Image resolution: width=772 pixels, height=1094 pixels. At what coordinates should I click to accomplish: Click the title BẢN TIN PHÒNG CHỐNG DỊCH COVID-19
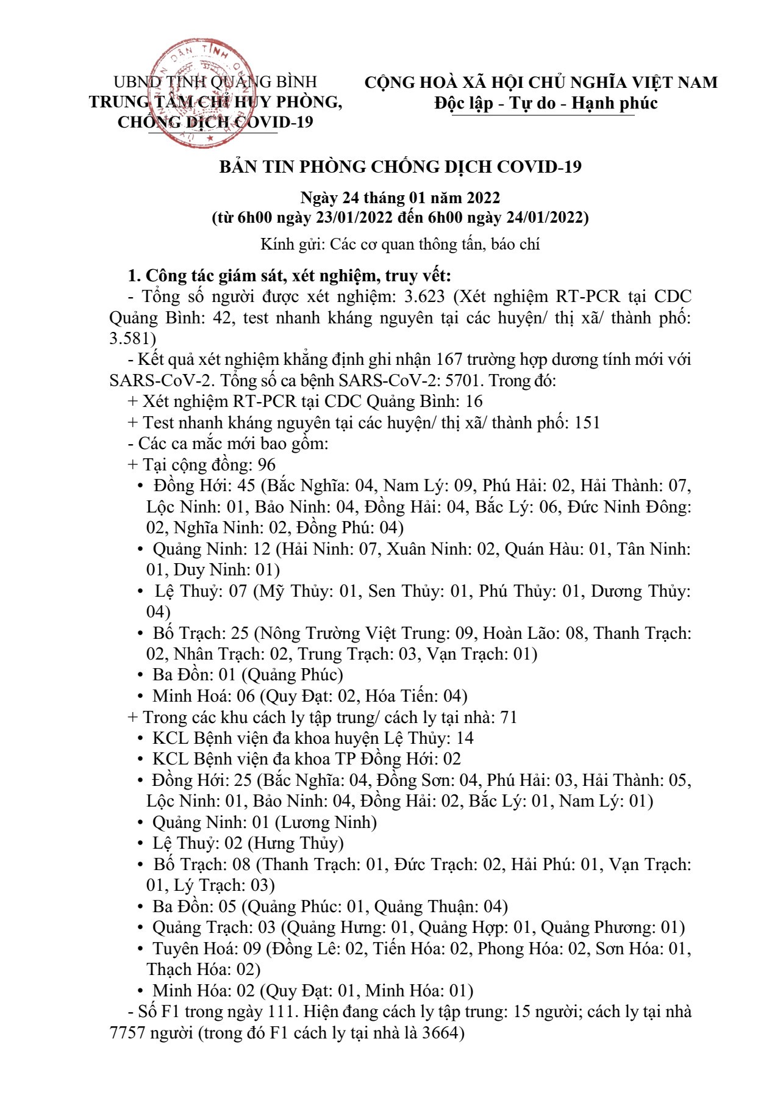(x=400, y=167)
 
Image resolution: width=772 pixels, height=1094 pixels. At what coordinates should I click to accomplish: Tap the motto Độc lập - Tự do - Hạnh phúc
(x=546, y=103)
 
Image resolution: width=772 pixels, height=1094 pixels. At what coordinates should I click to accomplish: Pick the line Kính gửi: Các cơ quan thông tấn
(x=400, y=245)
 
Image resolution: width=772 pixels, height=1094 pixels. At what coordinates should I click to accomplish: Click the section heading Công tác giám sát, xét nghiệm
(x=290, y=276)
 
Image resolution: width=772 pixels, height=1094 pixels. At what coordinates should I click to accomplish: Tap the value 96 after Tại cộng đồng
(x=266, y=465)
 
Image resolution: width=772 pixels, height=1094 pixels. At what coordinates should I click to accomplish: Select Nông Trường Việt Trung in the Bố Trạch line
(x=355, y=633)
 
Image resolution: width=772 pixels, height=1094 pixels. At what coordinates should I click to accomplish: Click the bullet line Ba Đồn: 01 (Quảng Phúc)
(x=247, y=675)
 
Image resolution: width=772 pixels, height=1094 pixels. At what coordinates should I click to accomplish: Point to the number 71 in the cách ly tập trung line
(x=508, y=718)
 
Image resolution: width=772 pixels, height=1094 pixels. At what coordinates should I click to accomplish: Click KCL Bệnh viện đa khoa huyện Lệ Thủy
(x=301, y=738)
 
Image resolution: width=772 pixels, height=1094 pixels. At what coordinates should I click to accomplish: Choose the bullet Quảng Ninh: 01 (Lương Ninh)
(x=264, y=822)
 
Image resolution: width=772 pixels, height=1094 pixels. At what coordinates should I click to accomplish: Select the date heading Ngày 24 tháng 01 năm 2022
(x=400, y=198)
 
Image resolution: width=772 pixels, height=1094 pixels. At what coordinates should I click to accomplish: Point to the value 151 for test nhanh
(x=587, y=423)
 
